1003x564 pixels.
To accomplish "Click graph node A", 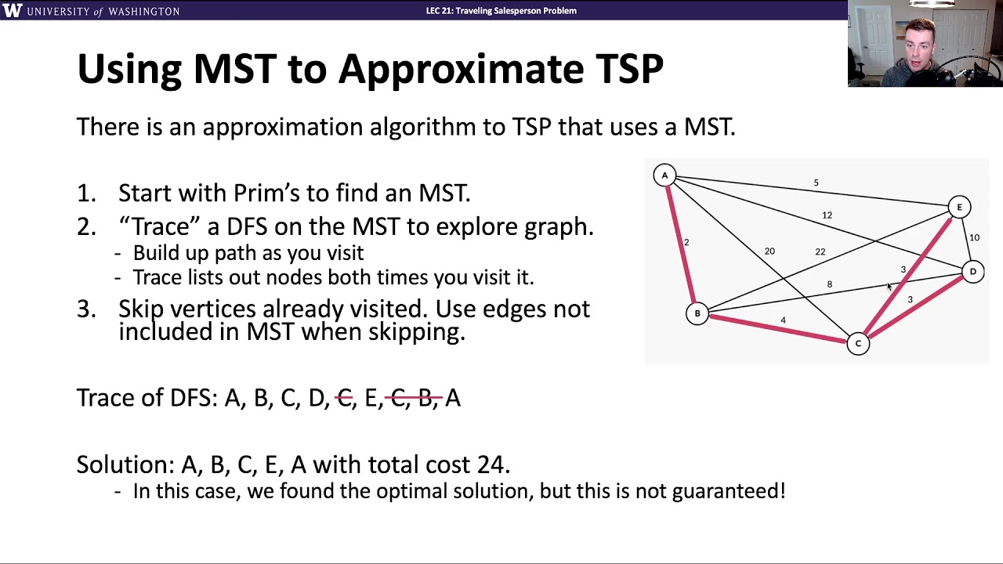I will tap(664, 175).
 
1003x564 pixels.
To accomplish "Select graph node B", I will tap(697, 313).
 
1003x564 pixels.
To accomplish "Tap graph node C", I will tap(858, 343).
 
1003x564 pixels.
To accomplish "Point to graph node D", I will tap(972, 272).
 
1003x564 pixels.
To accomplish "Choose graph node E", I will tap(959, 208).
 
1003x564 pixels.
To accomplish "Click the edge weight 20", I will tap(769, 251).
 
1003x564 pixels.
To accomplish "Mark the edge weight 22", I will tap(820, 251).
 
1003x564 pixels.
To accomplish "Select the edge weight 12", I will tap(827, 215).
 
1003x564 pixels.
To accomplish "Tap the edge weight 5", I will tap(816, 183).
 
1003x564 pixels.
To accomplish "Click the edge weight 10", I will tap(974, 237).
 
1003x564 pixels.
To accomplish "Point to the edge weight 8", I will tap(829, 284).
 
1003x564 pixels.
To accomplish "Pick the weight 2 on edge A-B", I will tap(686, 242).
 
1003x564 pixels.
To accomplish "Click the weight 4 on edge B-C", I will tap(783, 320).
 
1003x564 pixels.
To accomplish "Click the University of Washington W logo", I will tap(13, 10).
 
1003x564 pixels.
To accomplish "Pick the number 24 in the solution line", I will tap(491, 465).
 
